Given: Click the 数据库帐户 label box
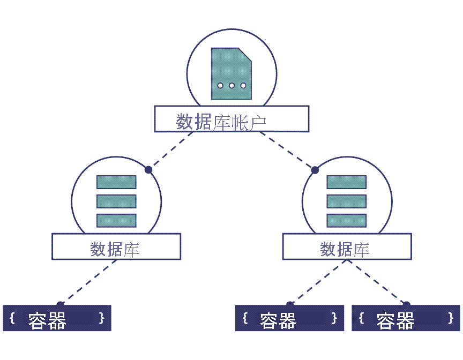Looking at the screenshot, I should (x=231, y=119).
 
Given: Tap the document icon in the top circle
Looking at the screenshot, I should (x=231, y=73).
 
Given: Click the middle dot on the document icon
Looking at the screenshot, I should (x=231, y=86).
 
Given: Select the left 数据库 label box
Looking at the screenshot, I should (x=116, y=247).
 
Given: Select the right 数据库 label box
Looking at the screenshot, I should (x=347, y=247).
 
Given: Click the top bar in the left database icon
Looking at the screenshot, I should (x=116, y=182).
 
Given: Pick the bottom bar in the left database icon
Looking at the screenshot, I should (x=116, y=220).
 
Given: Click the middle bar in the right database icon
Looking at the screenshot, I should (x=346, y=201).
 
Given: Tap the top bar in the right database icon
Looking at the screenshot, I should (x=346, y=182).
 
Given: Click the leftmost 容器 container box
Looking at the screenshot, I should (x=57, y=318).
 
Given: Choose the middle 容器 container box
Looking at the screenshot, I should (x=289, y=318).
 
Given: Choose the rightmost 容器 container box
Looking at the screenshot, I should (x=406, y=318).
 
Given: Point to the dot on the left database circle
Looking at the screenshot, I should (x=148, y=169).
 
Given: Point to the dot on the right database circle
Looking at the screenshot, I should (x=315, y=170).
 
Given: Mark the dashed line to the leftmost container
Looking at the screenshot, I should (x=87, y=283).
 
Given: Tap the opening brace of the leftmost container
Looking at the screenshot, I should (x=12, y=318).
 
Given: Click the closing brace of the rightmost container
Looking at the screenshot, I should (x=451, y=318).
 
